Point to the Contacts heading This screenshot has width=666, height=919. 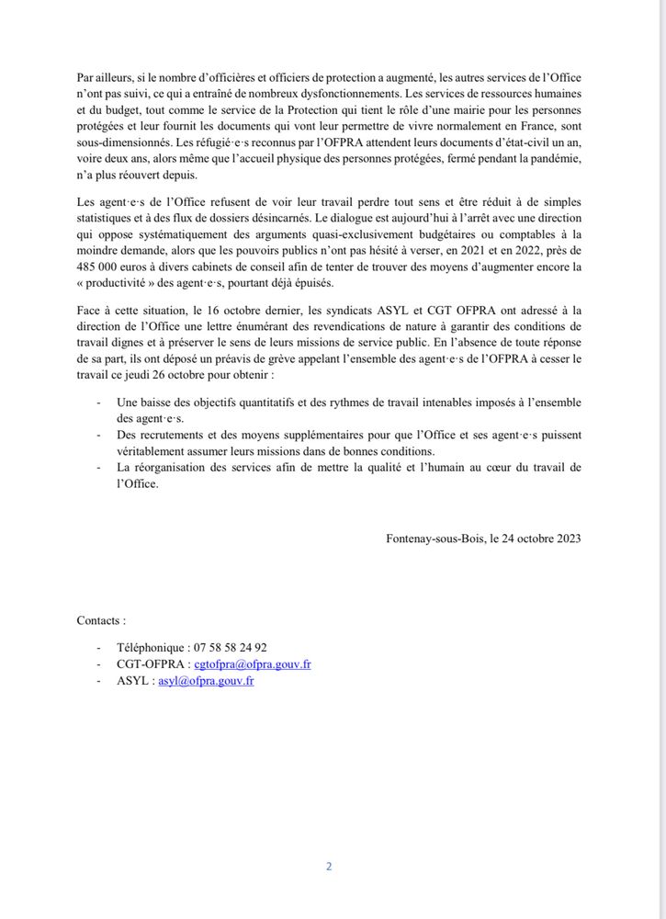pyautogui.click(x=101, y=620)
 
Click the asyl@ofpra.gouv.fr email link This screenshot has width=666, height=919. pyautogui.click(x=206, y=680)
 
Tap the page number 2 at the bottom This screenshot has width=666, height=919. pyautogui.click(x=328, y=866)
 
